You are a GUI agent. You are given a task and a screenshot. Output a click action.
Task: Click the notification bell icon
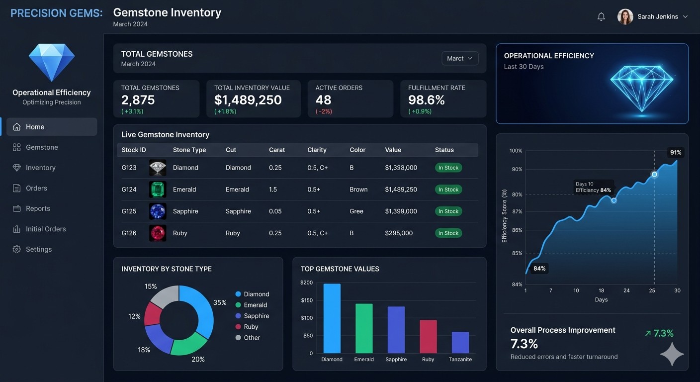[x=601, y=16]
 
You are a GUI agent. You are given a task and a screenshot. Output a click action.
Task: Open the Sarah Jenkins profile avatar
[x=625, y=16]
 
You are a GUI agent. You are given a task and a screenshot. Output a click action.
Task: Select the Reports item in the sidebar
[x=38, y=208]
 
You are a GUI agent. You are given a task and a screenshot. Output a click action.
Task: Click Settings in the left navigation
[x=38, y=249]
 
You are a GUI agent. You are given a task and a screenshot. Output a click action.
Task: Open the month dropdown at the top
[x=460, y=58]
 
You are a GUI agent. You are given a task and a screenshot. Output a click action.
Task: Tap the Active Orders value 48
[x=323, y=100]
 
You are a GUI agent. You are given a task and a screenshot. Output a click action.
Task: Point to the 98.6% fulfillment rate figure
[x=426, y=100]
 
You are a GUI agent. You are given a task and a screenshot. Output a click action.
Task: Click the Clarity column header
[x=317, y=150]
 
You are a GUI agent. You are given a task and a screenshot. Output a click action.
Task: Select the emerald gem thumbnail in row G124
[x=158, y=190]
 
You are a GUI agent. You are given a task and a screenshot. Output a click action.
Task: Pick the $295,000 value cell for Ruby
[x=399, y=233]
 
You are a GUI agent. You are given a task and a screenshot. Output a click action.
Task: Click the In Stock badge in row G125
[x=448, y=211]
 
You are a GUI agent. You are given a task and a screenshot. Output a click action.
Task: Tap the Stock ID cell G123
[x=129, y=168]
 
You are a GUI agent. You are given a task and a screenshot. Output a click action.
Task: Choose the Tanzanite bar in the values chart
[x=460, y=342]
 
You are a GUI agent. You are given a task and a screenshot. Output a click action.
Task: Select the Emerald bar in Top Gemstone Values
[x=364, y=328]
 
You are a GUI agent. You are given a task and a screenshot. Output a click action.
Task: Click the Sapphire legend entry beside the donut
[x=256, y=316]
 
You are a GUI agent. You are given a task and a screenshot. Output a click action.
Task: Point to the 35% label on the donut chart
[x=220, y=302]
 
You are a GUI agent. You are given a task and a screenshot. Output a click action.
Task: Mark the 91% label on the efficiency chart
[x=675, y=152]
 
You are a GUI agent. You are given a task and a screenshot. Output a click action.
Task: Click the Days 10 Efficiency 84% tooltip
[x=593, y=187]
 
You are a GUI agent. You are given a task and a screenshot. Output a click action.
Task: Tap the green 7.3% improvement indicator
[x=659, y=333]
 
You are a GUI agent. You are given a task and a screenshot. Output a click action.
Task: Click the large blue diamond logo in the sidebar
[x=52, y=62]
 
